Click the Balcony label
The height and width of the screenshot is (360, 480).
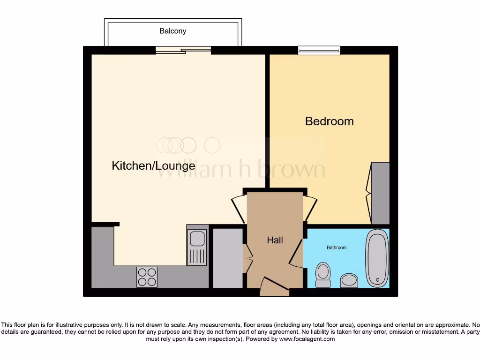tap(173, 31)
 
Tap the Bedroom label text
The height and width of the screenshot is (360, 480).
tap(329, 121)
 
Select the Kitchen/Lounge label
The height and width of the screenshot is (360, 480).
tap(153, 165)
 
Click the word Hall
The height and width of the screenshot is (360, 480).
tap(275, 240)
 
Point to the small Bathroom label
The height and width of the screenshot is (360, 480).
tap(337, 247)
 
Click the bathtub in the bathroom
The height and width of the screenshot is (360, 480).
tap(377, 258)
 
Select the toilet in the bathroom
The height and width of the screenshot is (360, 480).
tap(323, 275)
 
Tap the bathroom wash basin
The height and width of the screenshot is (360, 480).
tap(349, 280)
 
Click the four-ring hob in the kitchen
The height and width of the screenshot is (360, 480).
tap(147, 277)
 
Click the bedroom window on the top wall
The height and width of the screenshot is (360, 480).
tap(319, 50)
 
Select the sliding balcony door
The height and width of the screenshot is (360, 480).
tap(183, 51)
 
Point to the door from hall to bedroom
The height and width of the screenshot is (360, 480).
tap(310, 208)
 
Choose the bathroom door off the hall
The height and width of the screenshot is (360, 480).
tap(296, 255)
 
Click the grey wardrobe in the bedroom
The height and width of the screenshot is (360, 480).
tap(380, 193)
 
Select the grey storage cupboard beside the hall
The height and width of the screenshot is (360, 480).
tap(228, 258)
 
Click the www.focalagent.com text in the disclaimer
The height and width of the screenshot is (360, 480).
tap(307, 339)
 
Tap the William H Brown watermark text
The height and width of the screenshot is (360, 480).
tap(240, 170)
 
